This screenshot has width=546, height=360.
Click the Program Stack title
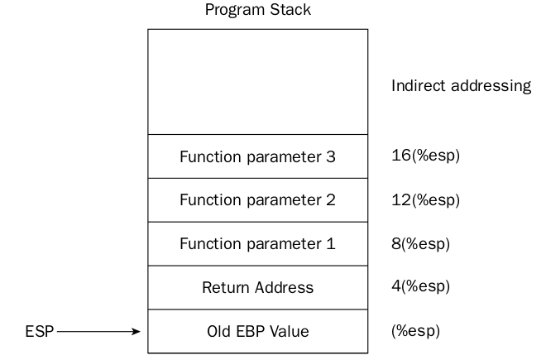pyautogui.click(x=257, y=10)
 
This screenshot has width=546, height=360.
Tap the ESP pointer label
pyautogui.click(x=40, y=331)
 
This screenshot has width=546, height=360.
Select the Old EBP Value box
pyautogui.click(x=257, y=331)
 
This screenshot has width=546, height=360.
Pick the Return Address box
pyautogui.click(x=257, y=287)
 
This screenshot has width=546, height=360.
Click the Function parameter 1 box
pyautogui.click(x=257, y=243)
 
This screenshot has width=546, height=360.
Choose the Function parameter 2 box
pyautogui.click(x=257, y=200)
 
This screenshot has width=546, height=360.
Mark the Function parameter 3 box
pyautogui.click(x=257, y=156)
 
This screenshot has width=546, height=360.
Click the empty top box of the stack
pyautogui.click(x=257, y=82)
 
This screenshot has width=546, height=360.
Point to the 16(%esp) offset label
pyautogui.click(x=425, y=156)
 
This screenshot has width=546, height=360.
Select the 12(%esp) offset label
pyautogui.click(x=425, y=200)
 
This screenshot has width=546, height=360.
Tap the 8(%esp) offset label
pyautogui.click(x=420, y=244)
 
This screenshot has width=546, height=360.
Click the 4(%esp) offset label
pyautogui.click(x=420, y=286)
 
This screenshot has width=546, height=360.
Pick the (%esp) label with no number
pyautogui.click(x=415, y=331)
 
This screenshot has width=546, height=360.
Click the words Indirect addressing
pyautogui.click(x=462, y=86)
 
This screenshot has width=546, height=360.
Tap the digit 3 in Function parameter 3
pyautogui.click(x=331, y=156)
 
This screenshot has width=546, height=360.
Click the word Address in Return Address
pyautogui.click(x=284, y=288)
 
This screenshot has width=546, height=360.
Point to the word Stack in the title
pyautogui.click(x=290, y=10)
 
